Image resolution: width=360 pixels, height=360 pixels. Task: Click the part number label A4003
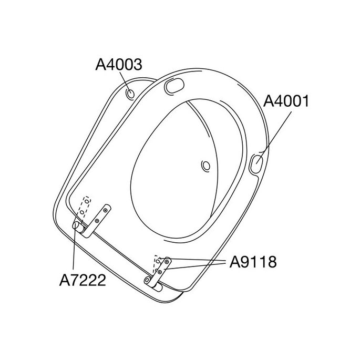click(119, 65)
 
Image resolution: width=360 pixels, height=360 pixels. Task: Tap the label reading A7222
click(81, 280)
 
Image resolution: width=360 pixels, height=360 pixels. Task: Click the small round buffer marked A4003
click(130, 94)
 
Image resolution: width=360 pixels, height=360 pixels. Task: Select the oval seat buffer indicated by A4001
click(258, 162)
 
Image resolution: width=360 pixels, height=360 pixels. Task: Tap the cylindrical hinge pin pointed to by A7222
click(78, 225)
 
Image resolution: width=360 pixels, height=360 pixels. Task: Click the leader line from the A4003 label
click(125, 81)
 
